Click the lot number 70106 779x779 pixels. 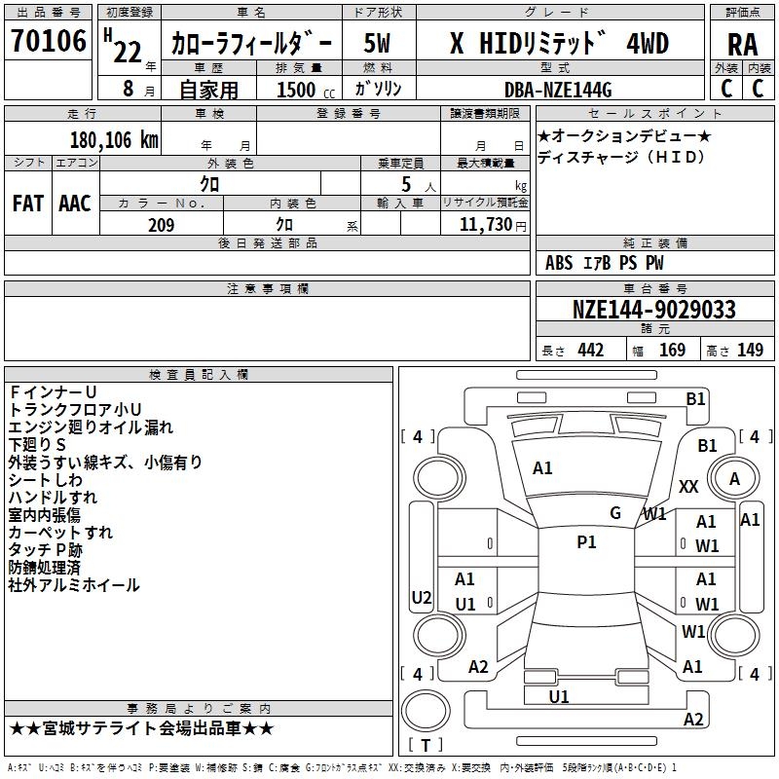click(49, 40)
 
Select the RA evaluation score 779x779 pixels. click(742, 45)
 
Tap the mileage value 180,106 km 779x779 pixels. click(114, 140)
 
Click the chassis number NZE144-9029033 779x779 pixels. click(653, 309)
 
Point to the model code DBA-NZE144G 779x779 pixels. click(558, 90)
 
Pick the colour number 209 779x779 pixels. click(161, 225)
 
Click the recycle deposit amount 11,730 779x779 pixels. click(485, 225)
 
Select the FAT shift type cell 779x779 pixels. click(28, 204)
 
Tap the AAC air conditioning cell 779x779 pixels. click(75, 204)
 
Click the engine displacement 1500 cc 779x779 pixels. click(306, 90)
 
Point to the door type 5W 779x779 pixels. click(377, 43)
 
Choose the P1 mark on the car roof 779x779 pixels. click(586, 542)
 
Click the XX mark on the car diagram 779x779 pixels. click(688, 486)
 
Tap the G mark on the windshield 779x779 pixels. click(615, 513)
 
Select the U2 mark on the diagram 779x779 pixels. click(422, 597)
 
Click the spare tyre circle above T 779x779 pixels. click(426, 711)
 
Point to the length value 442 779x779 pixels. click(591, 351)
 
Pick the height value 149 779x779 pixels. click(750, 351)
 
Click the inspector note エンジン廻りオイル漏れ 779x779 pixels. click(91, 427)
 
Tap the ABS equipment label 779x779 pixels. click(559, 263)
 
